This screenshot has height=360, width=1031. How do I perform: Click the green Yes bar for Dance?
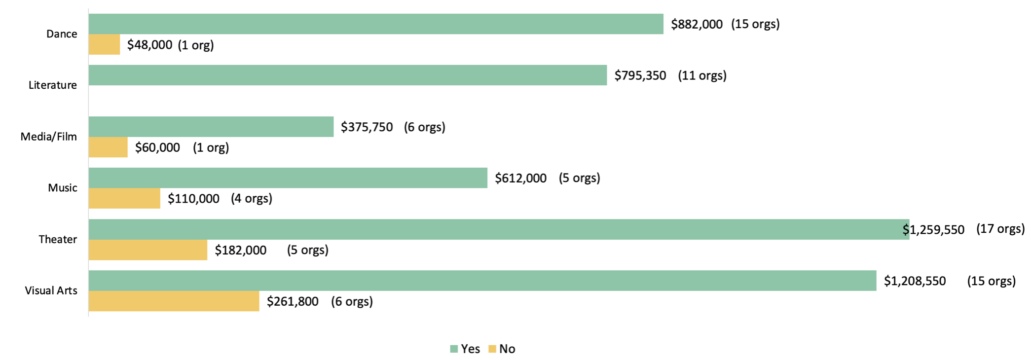(x=376, y=24)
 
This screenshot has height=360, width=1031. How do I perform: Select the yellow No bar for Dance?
(x=104, y=44)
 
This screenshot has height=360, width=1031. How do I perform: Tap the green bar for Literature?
(x=348, y=75)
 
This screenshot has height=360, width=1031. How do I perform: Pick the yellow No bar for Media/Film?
(x=108, y=147)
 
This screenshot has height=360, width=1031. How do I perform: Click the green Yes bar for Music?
(x=288, y=178)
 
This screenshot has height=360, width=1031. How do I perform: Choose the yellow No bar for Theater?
(x=148, y=250)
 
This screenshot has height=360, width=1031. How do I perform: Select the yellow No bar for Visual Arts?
(x=174, y=301)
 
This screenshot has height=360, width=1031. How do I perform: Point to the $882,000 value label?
(x=697, y=24)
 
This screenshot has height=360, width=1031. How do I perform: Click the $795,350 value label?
(x=640, y=75)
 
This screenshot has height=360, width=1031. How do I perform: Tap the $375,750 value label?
(x=367, y=127)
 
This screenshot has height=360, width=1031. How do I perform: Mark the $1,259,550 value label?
(x=933, y=230)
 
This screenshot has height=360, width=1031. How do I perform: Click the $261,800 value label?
(x=293, y=301)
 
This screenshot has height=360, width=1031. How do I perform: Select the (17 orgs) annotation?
(x=1000, y=229)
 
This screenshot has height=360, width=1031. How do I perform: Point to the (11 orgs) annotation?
(x=702, y=75)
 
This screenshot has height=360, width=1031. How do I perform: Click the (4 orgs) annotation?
(x=252, y=198)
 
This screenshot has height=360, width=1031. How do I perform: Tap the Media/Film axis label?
(x=48, y=137)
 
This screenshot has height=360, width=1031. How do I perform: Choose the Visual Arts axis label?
(x=51, y=290)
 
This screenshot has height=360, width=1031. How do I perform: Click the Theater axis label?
(x=58, y=239)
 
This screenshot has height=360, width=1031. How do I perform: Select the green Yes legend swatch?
(x=454, y=349)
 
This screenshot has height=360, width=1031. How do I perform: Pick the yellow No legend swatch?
(x=492, y=349)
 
